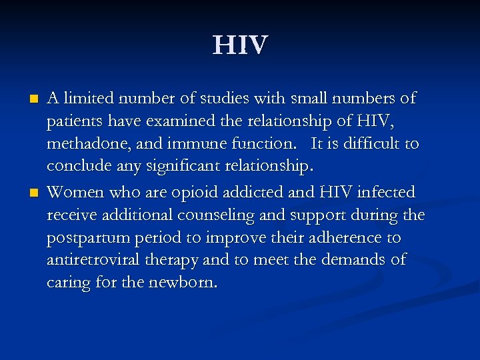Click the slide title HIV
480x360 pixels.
pyautogui.click(x=240, y=45)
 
